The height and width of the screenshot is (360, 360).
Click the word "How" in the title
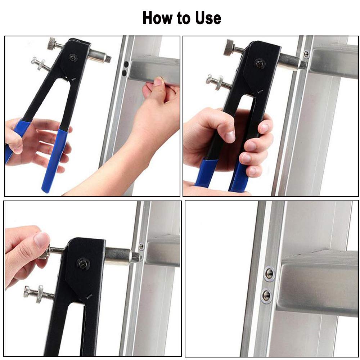tap(158, 18)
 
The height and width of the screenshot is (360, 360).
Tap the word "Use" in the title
tap(208, 18)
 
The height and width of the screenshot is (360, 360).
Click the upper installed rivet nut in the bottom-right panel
tap(269, 273)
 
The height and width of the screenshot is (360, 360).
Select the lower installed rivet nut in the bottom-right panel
tap(267, 294)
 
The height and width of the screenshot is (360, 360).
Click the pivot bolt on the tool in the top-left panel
tap(73, 58)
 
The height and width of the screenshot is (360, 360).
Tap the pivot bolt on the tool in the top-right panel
tap(260, 64)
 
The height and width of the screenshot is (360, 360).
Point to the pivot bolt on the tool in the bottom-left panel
tap(84, 264)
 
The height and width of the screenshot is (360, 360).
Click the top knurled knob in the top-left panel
tap(52, 44)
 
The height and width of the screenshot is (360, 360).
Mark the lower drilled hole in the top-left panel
tap(124, 73)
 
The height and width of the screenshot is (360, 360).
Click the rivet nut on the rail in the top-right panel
tap(306, 54)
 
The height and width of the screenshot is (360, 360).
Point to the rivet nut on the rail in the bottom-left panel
tap(141, 247)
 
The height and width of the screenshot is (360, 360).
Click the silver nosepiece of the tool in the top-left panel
tap(100, 57)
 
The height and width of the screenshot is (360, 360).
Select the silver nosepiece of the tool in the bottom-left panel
tap(122, 256)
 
